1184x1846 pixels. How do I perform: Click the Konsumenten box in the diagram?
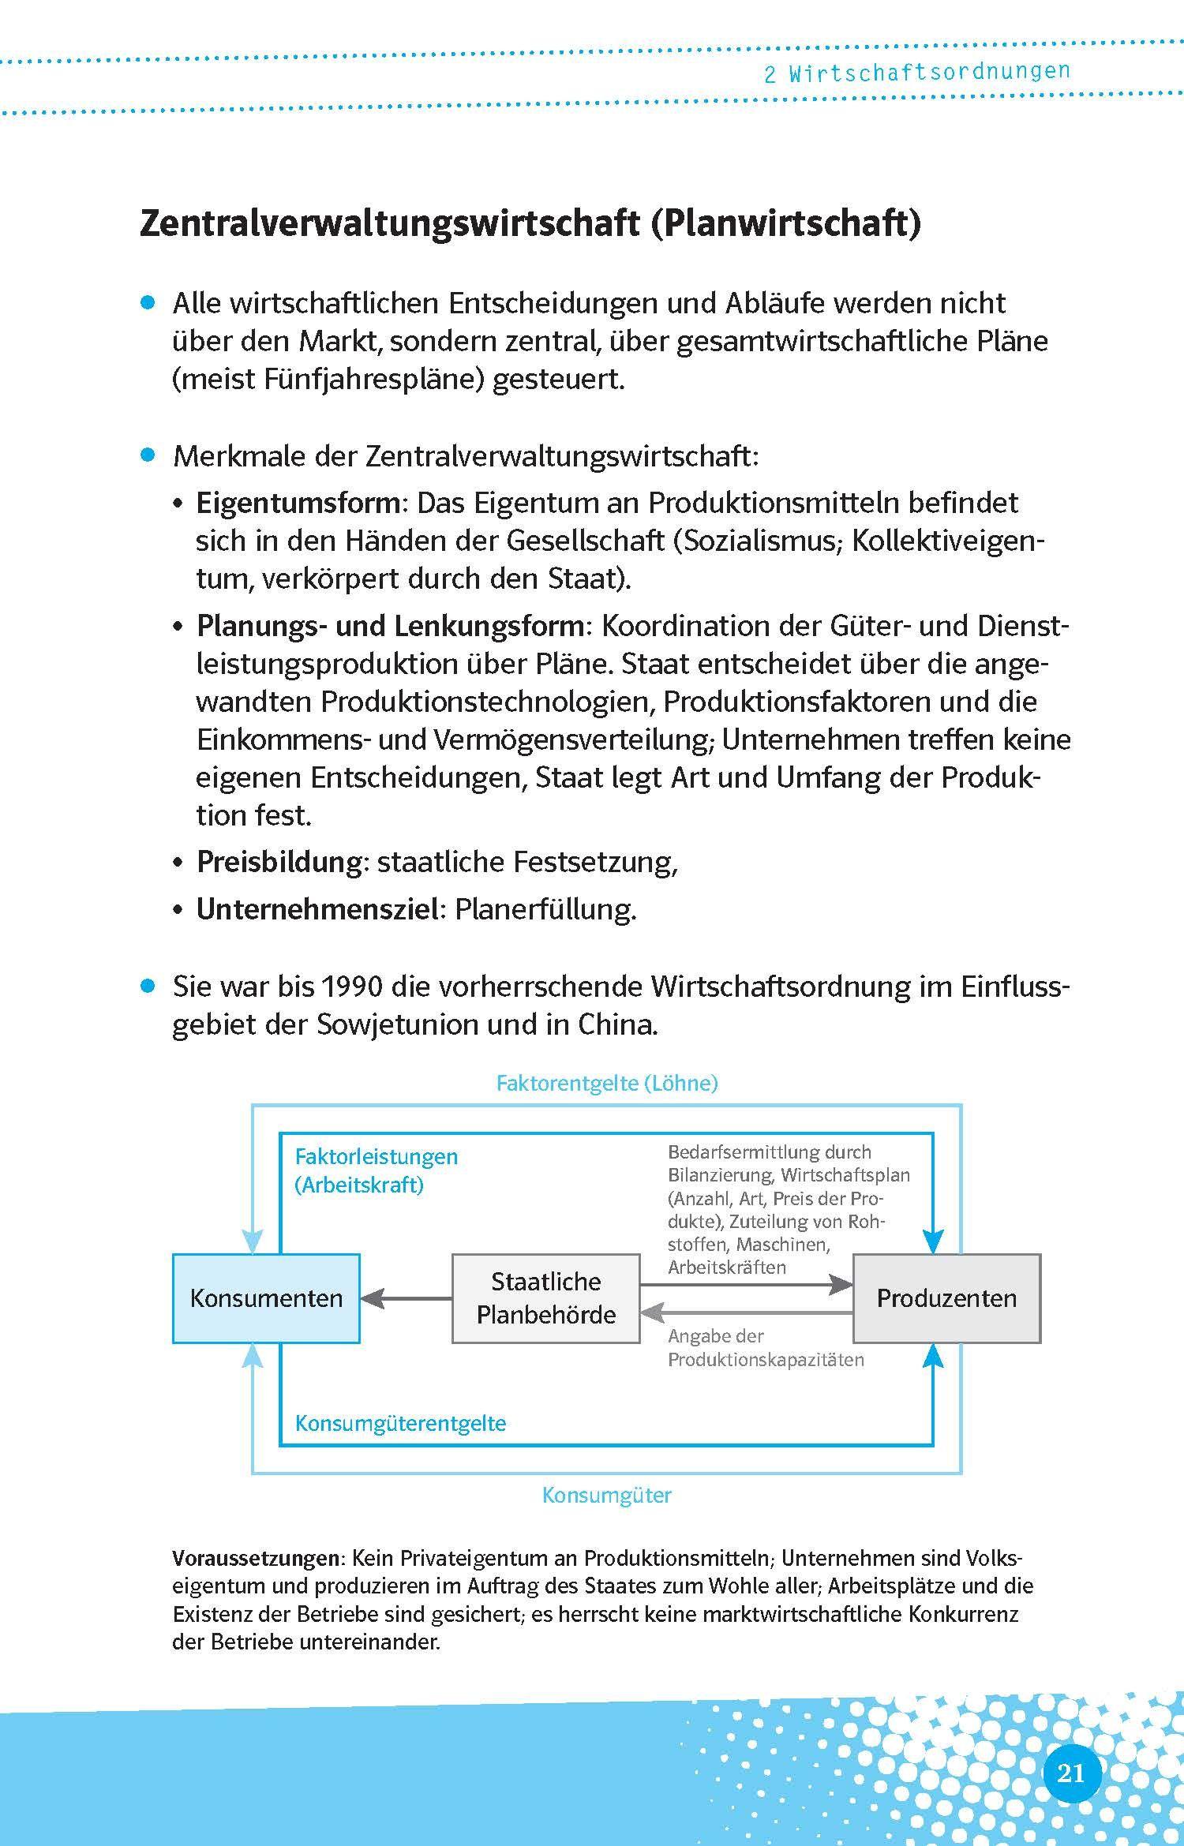[x=266, y=1298]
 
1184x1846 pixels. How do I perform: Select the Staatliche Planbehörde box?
[x=545, y=1298]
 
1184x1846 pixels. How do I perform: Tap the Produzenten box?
[x=946, y=1298]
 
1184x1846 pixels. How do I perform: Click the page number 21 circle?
[x=1071, y=1773]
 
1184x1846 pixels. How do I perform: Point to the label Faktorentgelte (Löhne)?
[x=606, y=1083]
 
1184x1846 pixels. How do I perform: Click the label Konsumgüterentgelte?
[x=400, y=1423]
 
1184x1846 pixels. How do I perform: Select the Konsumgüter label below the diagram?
[x=606, y=1495]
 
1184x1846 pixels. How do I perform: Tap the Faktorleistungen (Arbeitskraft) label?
[x=376, y=1170]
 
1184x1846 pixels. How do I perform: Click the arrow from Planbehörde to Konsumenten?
[x=406, y=1298]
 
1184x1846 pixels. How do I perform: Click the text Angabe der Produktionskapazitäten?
[x=765, y=1347]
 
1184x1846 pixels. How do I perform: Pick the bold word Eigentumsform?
[x=298, y=503]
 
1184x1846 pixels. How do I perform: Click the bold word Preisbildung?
[x=279, y=861]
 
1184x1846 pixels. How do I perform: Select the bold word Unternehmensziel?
[x=317, y=909]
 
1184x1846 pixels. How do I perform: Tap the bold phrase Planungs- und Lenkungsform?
[x=390, y=626]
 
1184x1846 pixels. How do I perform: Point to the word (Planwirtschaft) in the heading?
[x=785, y=224]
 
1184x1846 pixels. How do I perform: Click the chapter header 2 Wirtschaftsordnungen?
[x=916, y=73]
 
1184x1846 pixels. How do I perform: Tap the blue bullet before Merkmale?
[x=148, y=455]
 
